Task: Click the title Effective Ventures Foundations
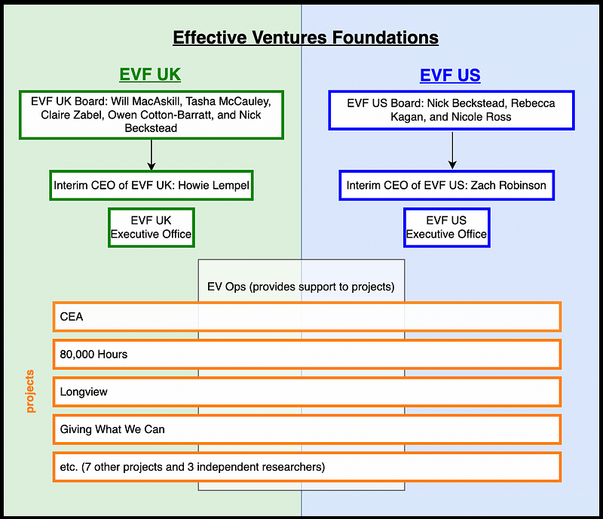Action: click(x=305, y=37)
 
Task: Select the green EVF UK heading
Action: click(x=150, y=75)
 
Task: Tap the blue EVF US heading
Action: click(x=450, y=75)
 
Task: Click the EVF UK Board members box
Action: click(x=152, y=115)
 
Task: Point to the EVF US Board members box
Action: click(x=451, y=109)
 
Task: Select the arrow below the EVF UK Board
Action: click(x=152, y=155)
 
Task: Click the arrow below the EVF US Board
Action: click(x=451, y=150)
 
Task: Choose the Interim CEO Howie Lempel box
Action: click(x=151, y=185)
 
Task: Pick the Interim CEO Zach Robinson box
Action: click(x=446, y=185)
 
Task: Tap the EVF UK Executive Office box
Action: click(x=151, y=227)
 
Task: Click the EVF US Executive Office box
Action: click(x=446, y=227)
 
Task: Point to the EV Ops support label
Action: click(x=301, y=287)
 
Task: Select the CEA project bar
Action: click(x=307, y=317)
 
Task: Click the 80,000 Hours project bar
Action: click(x=307, y=354)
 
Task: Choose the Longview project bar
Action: click(x=307, y=392)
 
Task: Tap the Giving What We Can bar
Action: click(x=307, y=429)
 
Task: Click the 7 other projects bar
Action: click(x=307, y=467)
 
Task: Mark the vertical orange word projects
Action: click(x=31, y=391)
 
